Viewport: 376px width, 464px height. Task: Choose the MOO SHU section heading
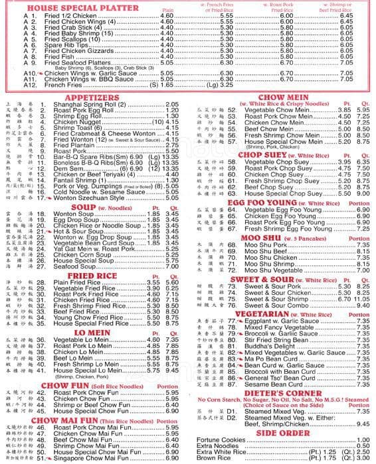point(260,237)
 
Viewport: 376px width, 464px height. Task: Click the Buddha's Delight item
point(266,346)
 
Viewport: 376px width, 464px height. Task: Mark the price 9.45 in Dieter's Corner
point(363,424)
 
